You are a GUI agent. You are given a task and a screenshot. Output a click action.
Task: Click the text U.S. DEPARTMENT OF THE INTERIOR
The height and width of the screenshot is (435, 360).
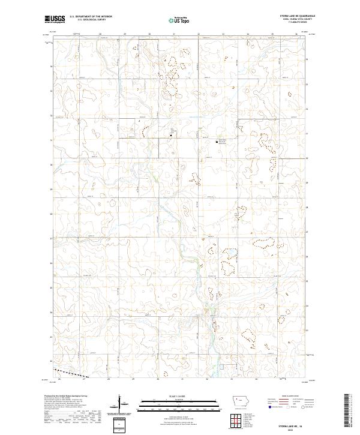tap(91, 17)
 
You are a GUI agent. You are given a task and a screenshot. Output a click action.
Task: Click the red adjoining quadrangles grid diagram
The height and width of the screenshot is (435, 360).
tap(240, 421)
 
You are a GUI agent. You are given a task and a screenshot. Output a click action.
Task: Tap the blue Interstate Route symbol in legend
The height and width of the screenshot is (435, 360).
tap(269, 407)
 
